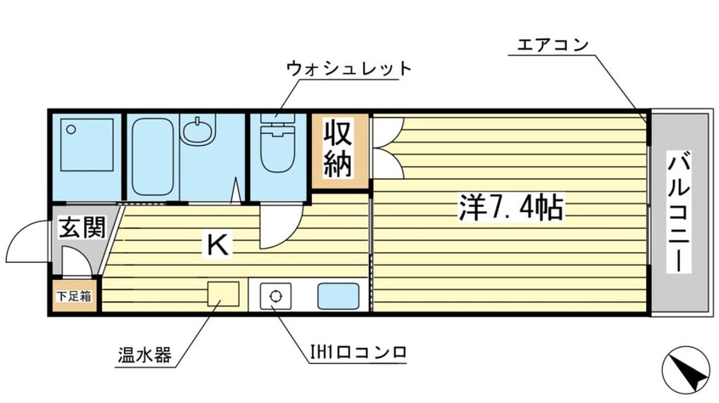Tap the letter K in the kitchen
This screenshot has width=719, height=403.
(x=217, y=246)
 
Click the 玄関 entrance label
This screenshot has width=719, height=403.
(x=82, y=227)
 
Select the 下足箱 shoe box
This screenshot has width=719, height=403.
(x=74, y=296)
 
